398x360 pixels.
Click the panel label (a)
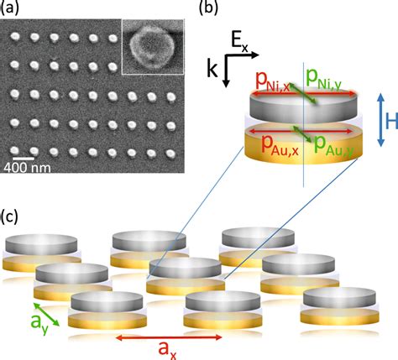pos(10,8)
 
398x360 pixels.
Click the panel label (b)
pos(207,8)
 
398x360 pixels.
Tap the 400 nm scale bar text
pos(27,168)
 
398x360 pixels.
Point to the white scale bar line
pos(23,159)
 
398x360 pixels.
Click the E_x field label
pos(239,42)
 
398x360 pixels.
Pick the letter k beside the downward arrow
pos(212,69)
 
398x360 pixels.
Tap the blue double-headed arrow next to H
pos(380,120)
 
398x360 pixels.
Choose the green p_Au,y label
pos(333,145)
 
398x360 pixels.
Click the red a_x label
pos(167,350)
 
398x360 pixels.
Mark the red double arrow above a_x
pos(169,337)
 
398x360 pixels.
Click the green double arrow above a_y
pos(46,315)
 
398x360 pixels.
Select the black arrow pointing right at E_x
pos(242,55)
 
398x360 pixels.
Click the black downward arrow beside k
pos(226,70)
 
